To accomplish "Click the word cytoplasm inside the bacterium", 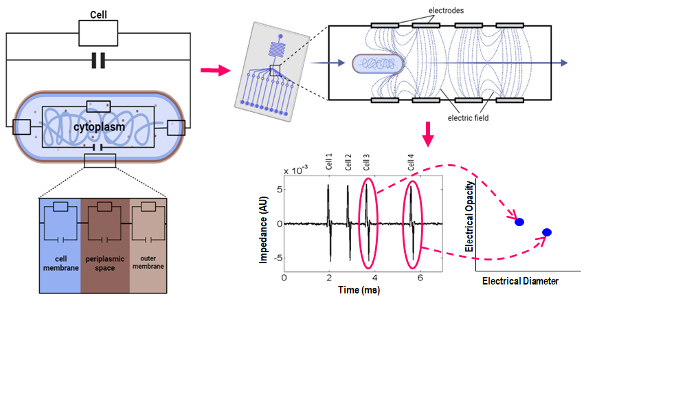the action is [99, 127].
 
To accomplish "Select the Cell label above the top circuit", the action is [98, 15].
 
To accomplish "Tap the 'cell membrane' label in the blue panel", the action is [61, 263].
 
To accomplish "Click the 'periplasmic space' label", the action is [104, 263].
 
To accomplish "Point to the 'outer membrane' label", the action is [148, 262].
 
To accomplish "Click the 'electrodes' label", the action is [446, 10].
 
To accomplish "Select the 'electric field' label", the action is [468, 118].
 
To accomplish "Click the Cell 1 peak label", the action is [328, 161].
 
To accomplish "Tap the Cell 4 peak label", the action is [411, 162].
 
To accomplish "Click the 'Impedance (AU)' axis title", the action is [263, 230].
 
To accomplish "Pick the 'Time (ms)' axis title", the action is [359, 290].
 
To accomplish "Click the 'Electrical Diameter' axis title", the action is [521, 281].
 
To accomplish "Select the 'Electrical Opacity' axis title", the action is [469, 216].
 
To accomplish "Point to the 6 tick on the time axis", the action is [420, 278].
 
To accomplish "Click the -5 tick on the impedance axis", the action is [278, 258].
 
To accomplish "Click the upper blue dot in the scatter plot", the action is [519, 222].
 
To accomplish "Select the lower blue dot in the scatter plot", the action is [547, 232].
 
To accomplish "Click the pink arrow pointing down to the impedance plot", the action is [428, 134].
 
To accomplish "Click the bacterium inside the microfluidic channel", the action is [378, 64].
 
